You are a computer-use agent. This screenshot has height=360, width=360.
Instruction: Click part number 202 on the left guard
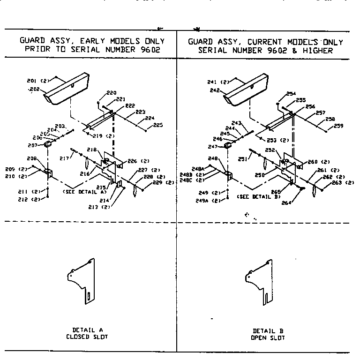pos(34,89)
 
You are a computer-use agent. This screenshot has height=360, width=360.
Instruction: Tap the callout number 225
pos(157,125)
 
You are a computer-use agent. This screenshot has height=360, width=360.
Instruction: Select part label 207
pos(39,145)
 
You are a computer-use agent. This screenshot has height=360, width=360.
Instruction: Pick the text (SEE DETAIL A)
pos(86,192)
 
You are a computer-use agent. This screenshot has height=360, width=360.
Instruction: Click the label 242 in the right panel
pos(215,90)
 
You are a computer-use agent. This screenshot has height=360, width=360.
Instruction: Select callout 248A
pos(197,169)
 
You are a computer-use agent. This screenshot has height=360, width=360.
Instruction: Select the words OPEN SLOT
pos(268,337)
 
